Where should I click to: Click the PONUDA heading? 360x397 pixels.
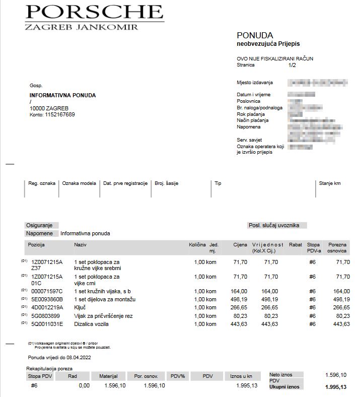(x=255, y=36)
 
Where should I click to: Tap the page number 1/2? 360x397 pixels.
(x=293, y=65)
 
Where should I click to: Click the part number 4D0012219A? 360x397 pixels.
(x=47, y=307)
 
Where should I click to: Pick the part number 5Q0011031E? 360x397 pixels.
(x=47, y=324)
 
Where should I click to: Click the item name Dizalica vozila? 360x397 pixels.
(x=91, y=324)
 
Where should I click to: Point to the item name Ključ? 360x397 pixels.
(x=81, y=307)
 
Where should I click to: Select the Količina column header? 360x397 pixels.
(x=197, y=245)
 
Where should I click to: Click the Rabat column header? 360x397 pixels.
(x=296, y=245)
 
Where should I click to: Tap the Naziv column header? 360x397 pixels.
(x=81, y=245)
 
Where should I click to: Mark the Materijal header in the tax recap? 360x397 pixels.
(x=108, y=376)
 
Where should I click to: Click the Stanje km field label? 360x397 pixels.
(x=330, y=183)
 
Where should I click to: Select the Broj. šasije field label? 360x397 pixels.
(x=166, y=183)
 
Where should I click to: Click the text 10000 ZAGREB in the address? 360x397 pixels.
(x=49, y=108)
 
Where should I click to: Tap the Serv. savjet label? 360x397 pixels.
(x=249, y=140)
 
